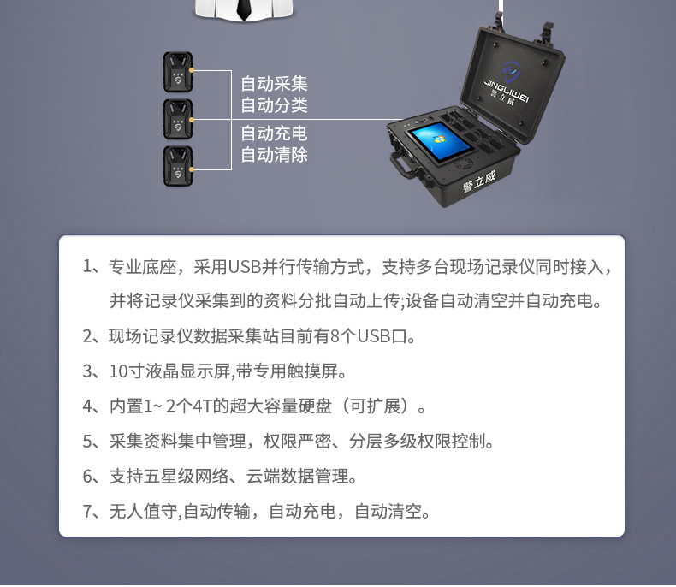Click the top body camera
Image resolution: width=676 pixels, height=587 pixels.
178,73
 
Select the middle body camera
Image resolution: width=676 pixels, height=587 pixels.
178,120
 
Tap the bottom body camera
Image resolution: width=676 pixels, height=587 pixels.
178,166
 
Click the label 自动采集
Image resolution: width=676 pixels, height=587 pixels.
274,84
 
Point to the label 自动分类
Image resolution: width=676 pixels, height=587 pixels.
274,105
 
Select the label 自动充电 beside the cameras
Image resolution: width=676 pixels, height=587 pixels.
274,133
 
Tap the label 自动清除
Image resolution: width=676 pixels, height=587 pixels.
274,155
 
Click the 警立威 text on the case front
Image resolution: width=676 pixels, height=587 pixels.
479,182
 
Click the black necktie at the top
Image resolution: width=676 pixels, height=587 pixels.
244,9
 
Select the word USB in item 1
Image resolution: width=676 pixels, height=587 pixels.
245,267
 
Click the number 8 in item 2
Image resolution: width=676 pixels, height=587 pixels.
335,336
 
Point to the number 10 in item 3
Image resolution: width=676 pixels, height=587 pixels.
118,371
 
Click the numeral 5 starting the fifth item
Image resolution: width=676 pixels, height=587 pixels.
87,441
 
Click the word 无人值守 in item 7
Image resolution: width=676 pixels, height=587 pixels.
143,511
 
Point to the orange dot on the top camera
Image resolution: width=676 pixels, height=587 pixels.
192,70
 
